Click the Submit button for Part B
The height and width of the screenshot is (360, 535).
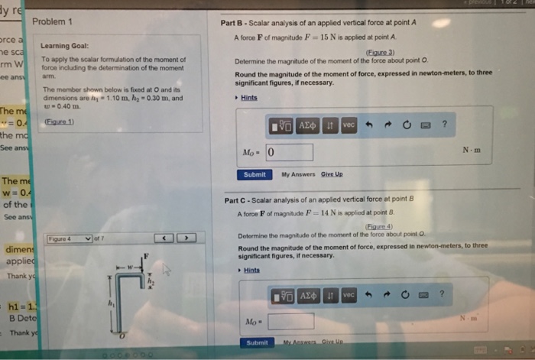coord(255,174)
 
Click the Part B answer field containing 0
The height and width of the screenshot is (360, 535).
coord(290,153)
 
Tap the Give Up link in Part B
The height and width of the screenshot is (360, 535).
coord(332,174)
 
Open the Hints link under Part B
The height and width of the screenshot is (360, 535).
coord(248,98)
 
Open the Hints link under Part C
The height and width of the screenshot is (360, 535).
coord(250,271)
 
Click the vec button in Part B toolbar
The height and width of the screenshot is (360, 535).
coord(349,125)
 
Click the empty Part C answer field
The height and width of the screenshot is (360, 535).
coord(290,321)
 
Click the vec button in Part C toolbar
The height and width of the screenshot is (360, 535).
coord(349,294)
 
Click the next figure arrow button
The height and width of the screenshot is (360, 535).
coord(185,238)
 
